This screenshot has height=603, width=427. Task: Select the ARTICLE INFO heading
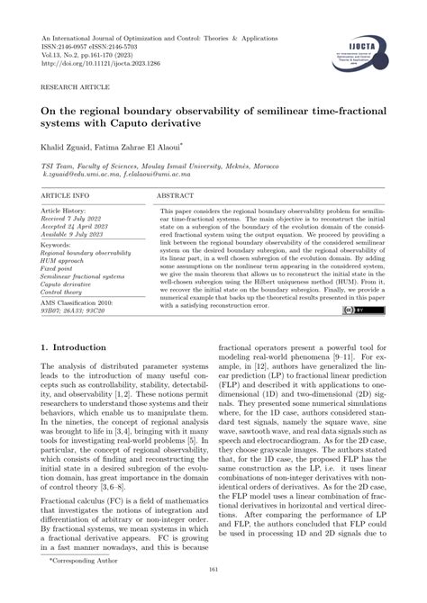(66, 195)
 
